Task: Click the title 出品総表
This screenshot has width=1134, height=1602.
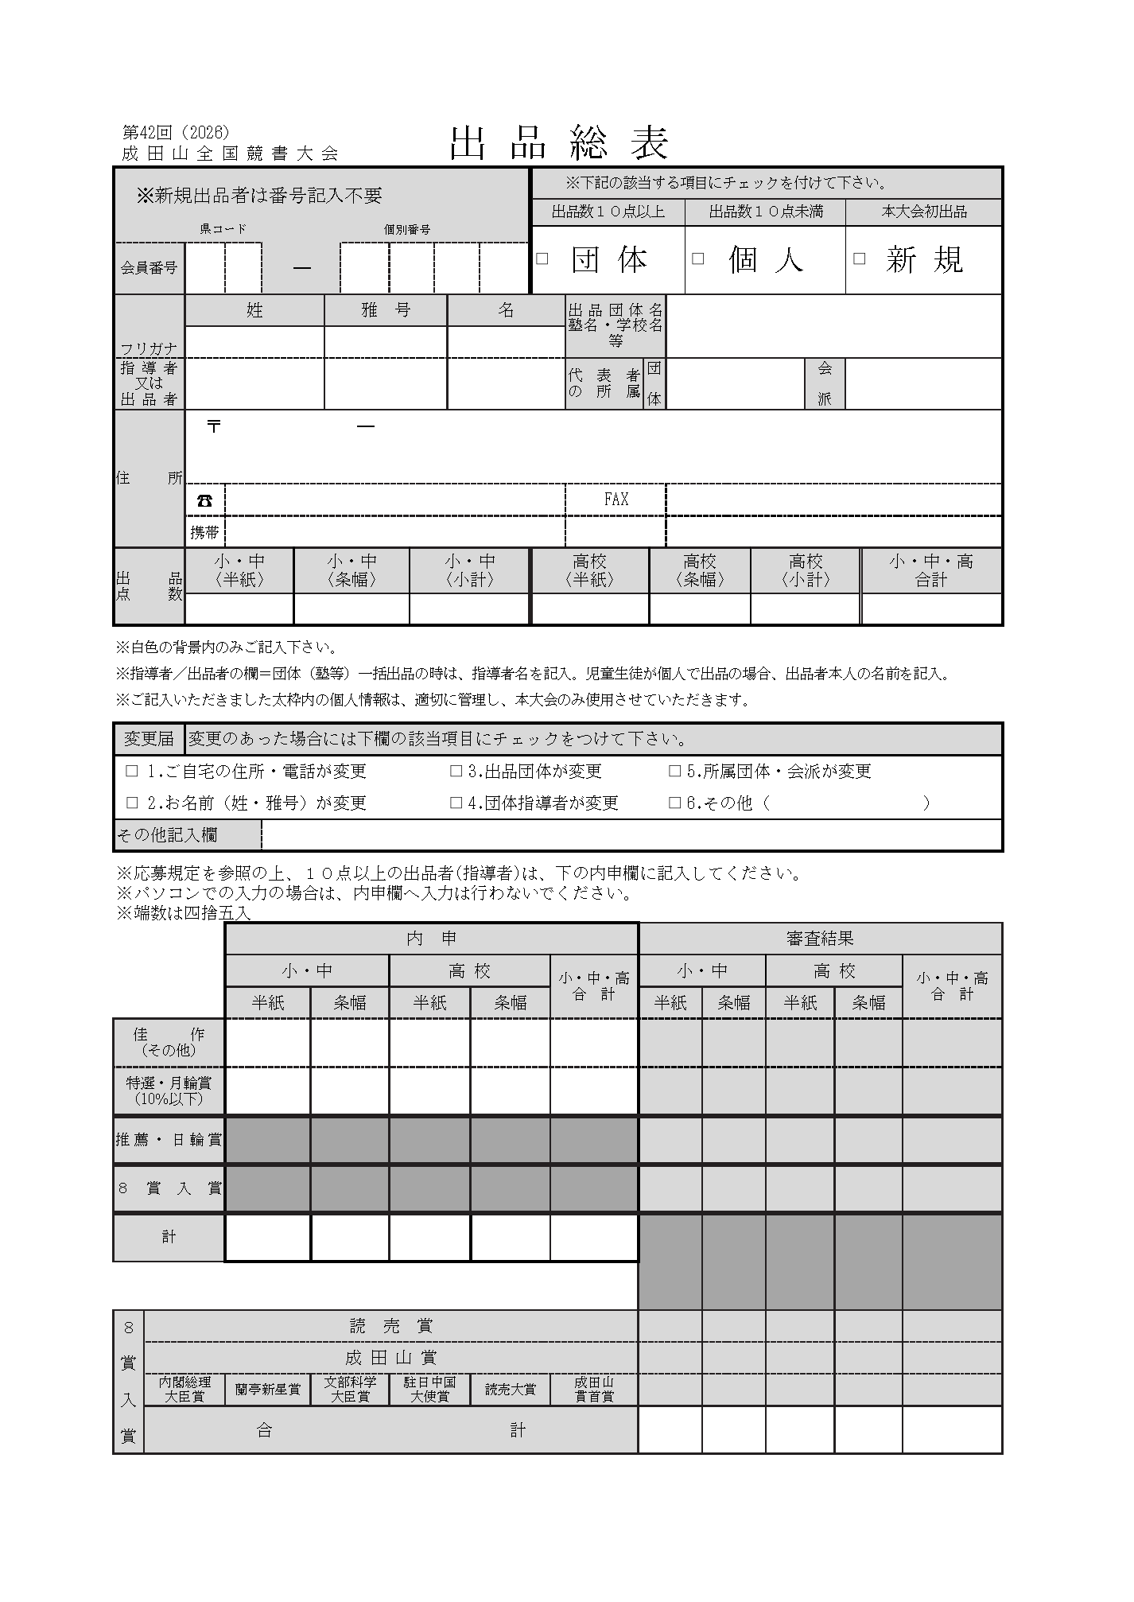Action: click(x=559, y=143)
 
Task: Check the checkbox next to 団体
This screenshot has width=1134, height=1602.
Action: click(x=542, y=259)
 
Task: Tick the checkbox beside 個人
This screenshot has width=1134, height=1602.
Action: click(x=697, y=259)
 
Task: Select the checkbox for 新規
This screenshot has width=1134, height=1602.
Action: click(x=859, y=259)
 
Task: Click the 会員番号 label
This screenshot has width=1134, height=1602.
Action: click(x=149, y=268)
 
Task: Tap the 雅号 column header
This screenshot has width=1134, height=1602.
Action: click(x=386, y=310)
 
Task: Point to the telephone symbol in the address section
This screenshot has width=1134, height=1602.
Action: click(x=205, y=500)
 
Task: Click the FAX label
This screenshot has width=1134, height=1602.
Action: click(x=616, y=500)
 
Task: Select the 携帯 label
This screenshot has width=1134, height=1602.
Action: click(x=204, y=532)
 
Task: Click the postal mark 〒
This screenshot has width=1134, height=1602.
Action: click(x=213, y=426)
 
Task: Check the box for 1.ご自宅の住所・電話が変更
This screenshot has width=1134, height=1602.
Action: click(x=132, y=771)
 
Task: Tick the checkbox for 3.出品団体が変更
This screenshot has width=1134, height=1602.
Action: click(x=456, y=771)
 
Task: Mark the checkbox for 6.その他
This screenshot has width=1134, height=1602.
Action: click(x=675, y=803)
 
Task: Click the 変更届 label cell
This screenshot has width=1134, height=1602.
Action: click(x=149, y=739)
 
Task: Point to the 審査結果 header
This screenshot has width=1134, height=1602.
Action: click(x=820, y=939)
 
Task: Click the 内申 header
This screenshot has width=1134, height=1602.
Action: click(x=431, y=939)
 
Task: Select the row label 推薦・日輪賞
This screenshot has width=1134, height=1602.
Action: click(x=169, y=1140)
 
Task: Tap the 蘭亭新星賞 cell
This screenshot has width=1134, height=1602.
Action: click(x=268, y=1390)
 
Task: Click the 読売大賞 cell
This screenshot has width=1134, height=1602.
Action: click(x=511, y=1390)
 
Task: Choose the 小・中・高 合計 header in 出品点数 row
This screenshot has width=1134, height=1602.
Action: click(x=931, y=571)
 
